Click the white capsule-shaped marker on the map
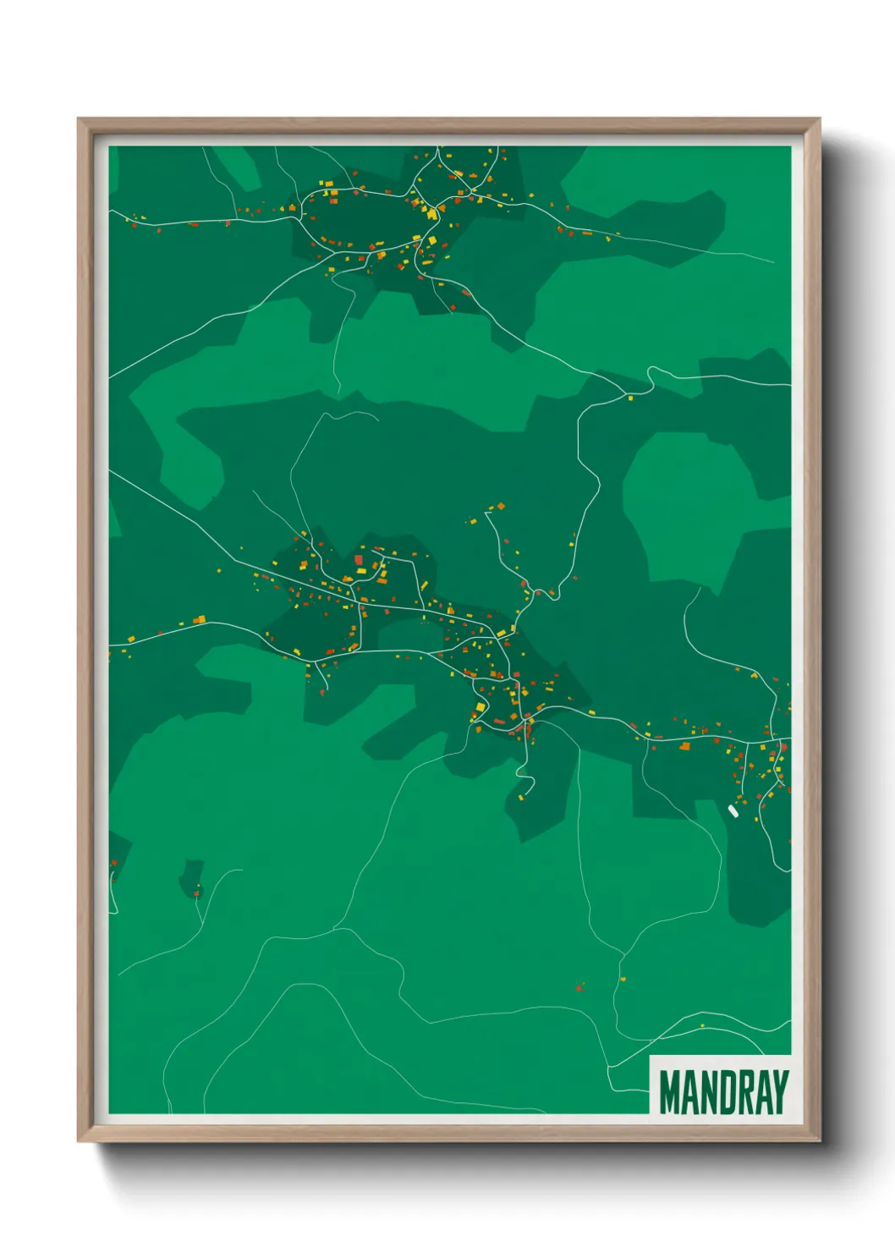point(733,810)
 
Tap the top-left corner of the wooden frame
point(80,120)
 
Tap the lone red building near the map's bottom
point(579,986)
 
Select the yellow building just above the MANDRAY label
point(702,1026)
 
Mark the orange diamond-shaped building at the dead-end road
point(501,506)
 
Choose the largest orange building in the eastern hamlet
point(684,746)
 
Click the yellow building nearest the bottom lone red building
point(623,979)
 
